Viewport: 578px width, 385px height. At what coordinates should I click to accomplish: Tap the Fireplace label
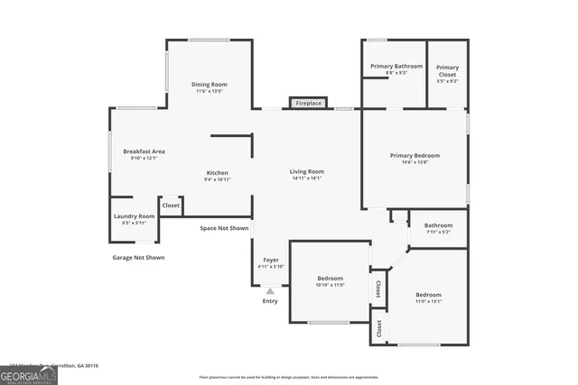pyautogui.click(x=309, y=104)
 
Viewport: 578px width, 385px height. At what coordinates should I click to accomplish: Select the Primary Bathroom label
pyautogui.click(x=396, y=67)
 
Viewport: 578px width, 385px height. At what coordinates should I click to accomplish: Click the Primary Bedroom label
pyautogui.click(x=415, y=156)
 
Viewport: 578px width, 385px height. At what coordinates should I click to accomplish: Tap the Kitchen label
pyautogui.click(x=217, y=173)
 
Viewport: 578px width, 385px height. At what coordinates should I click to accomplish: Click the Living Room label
pyautogui.click(x=307, y=171)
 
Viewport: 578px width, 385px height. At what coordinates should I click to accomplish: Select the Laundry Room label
pyautogui.click(x=134, y=216)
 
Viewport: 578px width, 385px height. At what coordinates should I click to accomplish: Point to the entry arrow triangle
pyautogui.click(x=270, y=290)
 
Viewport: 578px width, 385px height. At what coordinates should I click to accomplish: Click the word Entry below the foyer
pyautogui.click(x=270, y=301)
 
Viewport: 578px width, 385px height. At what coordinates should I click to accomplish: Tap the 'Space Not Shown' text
pyautogui.click(x=224, y=228)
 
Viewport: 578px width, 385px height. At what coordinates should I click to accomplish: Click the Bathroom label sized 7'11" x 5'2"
pyautogui.click(x=438, y=225)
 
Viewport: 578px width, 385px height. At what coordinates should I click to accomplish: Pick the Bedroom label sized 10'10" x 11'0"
pyautogui.click(x=330, y=278)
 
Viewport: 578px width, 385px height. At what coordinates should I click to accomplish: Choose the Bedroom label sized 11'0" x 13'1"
pyautogui.click(x=428, y=295)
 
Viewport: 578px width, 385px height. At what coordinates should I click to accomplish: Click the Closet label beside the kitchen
pyautogui.click(x=171, y=206)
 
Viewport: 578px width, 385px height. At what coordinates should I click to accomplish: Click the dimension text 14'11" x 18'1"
pyautogui.click(x=307, y=179)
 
